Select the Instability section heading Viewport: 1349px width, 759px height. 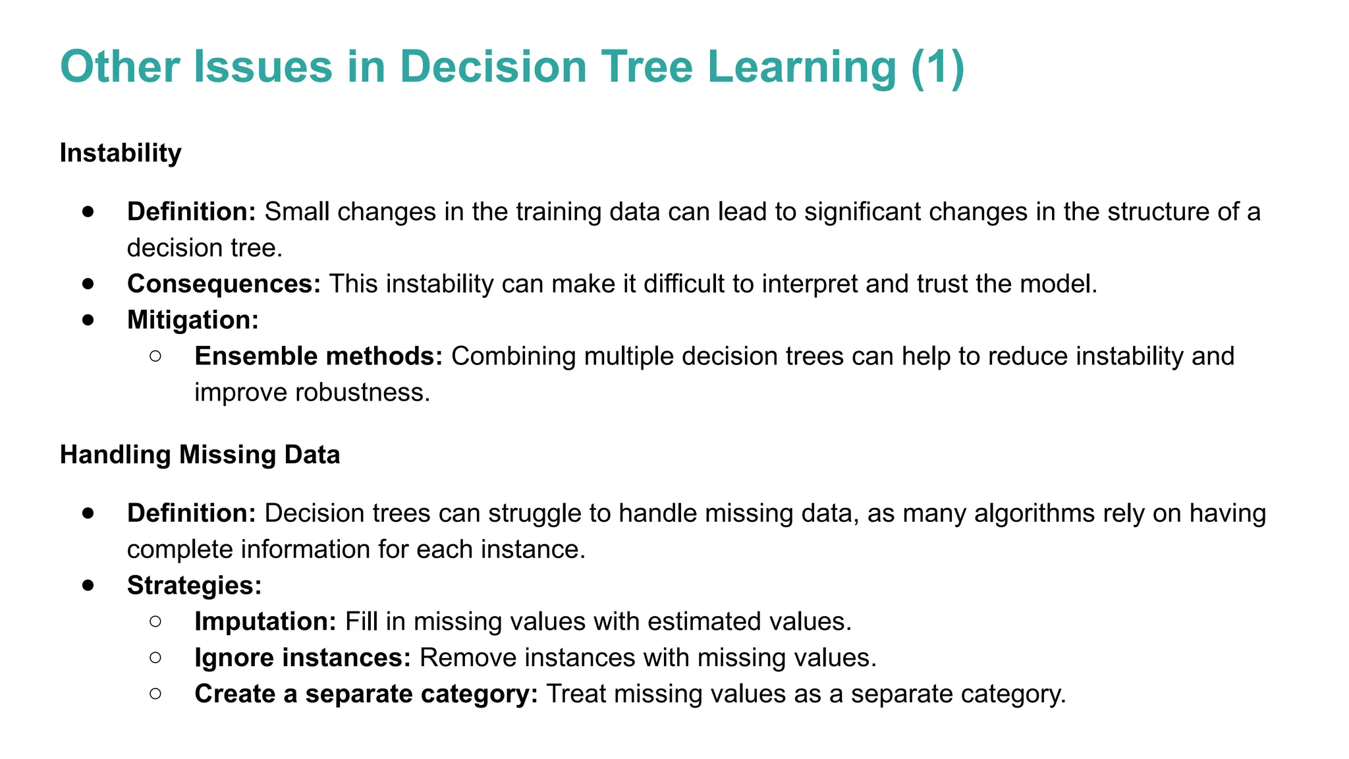click(121, 153)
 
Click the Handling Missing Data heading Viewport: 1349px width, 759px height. click(200, 455)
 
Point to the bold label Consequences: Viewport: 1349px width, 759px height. click(224, 284)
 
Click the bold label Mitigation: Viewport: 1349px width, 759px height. click(193, 320)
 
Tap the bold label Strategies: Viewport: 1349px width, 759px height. click(194, 586)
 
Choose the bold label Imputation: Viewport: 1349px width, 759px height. click(265, 622)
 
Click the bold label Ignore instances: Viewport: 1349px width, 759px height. click(302, 658)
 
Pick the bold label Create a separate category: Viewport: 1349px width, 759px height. click(366, 694)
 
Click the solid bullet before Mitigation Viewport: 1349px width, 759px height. click(89, 320)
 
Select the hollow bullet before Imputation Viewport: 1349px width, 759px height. click(156, 621)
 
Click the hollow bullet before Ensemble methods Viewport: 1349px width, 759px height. click(156, 356)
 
